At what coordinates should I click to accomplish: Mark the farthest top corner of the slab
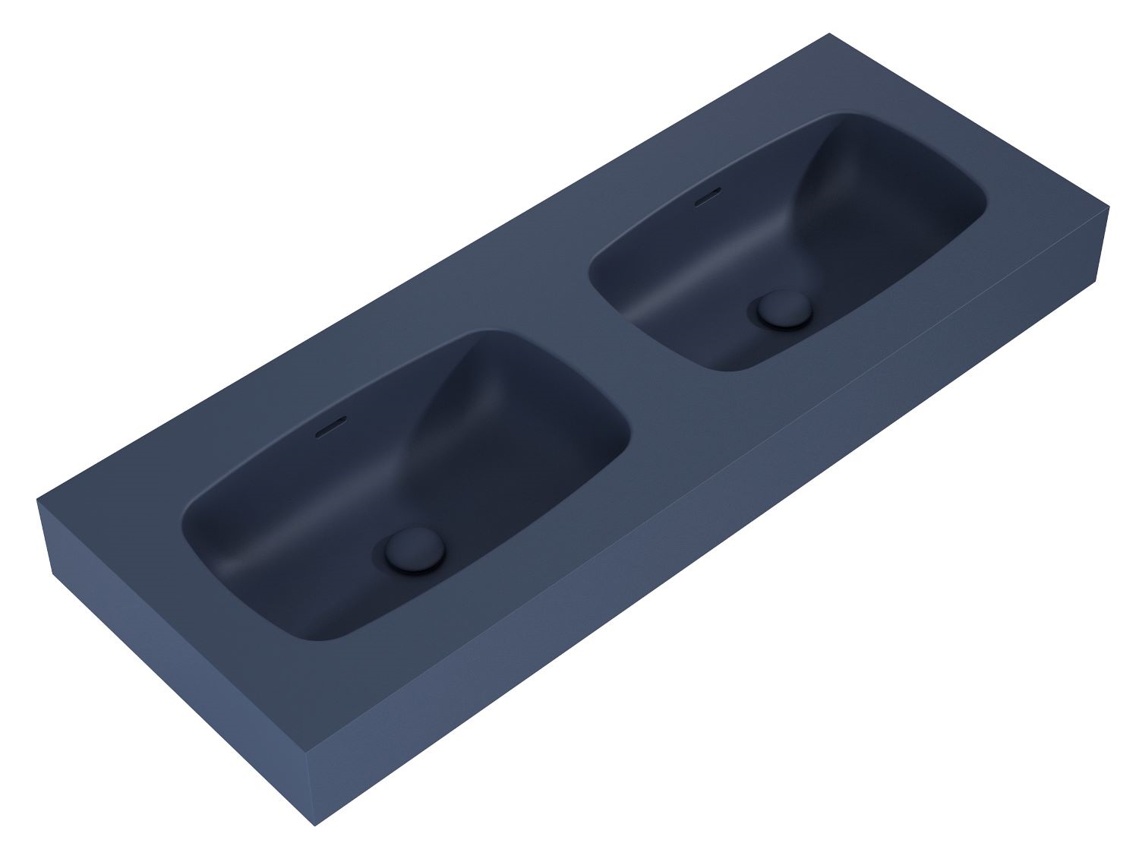(830, 33)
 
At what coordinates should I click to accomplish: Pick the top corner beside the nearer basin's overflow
(38, 499)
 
